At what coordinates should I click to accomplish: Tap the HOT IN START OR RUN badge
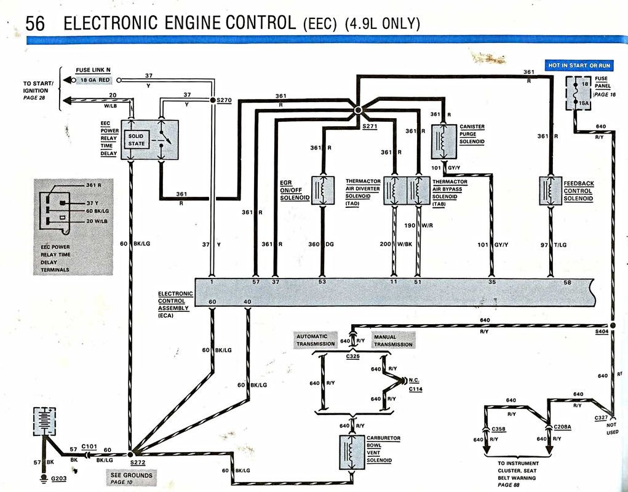(580, 65)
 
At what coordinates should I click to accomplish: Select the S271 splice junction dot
(357, 111)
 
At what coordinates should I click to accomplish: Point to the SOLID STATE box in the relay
(137, 140)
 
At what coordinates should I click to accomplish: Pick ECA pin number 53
(322, 282)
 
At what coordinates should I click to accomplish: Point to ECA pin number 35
(491, 282)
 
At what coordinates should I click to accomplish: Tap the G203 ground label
(60, 477)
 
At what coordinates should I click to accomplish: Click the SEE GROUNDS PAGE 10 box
(130, 478)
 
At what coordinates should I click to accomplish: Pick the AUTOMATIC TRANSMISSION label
(316, 340)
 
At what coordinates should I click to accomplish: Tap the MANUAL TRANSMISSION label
(393, 340)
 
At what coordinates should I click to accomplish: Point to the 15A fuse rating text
(585, 104)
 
